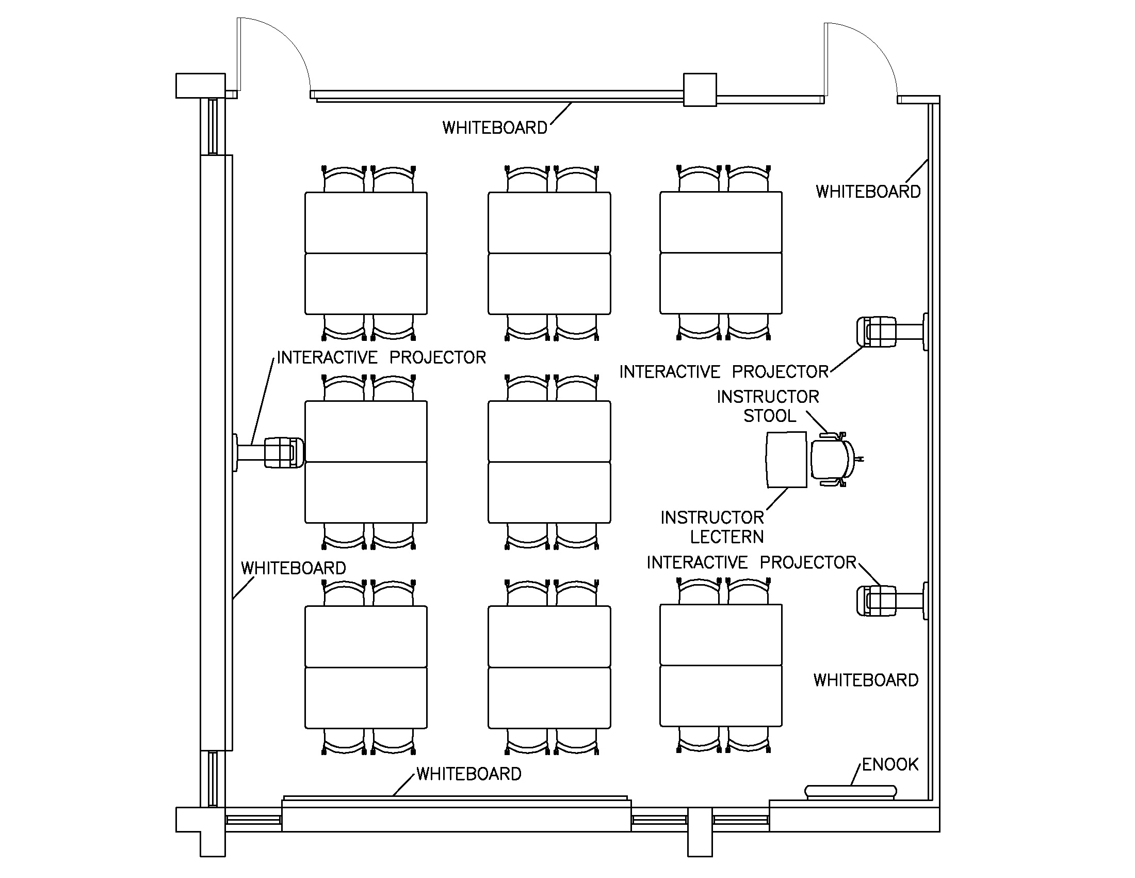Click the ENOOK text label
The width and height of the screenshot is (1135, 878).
[890, 764]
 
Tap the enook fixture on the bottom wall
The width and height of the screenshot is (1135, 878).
[850, 792]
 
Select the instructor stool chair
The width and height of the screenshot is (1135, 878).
[833, 459]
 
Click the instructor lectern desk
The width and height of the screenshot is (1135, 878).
[787, 460]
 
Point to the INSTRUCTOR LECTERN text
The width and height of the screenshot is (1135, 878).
[713, 527]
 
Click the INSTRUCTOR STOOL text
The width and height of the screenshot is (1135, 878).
[768, 406]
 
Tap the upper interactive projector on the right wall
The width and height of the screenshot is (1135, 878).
[877, 332]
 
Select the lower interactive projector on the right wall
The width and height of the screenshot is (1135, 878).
[877, 601]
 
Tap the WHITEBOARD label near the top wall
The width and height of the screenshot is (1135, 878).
[494, 128]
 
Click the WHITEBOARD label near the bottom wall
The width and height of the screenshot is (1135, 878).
[469, 774]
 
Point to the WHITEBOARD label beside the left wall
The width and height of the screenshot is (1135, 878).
[293, 568]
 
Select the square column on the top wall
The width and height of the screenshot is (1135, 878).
[700, 90]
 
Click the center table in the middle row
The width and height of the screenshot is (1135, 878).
[549, 462]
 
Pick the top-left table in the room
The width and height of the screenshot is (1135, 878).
[366, 253]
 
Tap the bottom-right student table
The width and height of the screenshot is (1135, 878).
[721, 665]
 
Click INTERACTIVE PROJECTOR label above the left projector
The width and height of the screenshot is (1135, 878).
[381, 357]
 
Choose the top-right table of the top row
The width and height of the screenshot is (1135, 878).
[721, 253]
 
